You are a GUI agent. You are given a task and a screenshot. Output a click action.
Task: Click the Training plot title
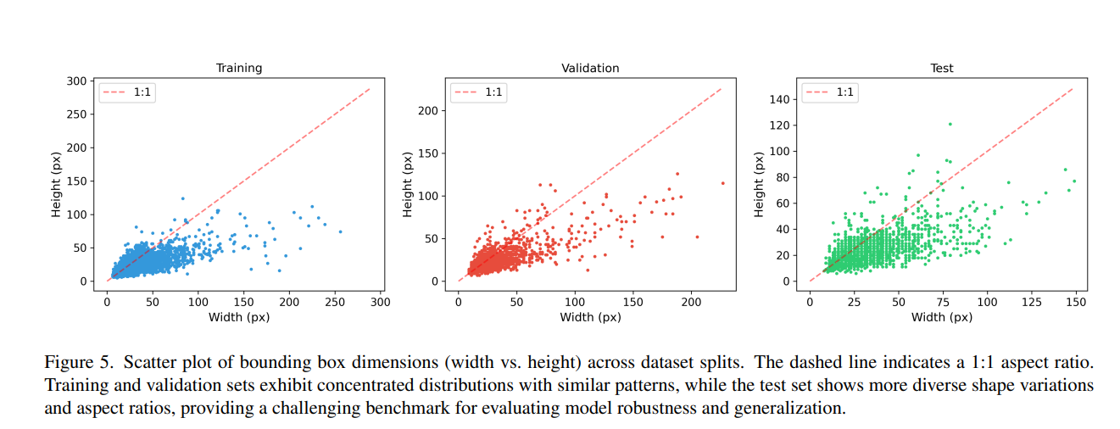[x=239, y=68]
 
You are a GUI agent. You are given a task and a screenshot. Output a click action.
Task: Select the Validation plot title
[x=590, y=68]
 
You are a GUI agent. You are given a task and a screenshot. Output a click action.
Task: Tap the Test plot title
[x=942, y=68]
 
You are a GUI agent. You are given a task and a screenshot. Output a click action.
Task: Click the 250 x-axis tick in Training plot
[x=335, y=301]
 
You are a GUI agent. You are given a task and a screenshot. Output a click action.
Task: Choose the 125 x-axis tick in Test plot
[x=1032, y=301]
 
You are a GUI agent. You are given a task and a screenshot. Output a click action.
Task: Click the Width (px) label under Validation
[x=590, y=317]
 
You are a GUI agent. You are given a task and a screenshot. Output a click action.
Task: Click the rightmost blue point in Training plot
[x=340, y=231]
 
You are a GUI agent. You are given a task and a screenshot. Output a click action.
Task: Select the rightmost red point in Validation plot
[x=723, y=183]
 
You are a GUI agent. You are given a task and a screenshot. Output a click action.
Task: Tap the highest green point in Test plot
[x=950, y=124]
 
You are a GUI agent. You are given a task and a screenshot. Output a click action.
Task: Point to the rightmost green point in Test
[x=1074, y=181]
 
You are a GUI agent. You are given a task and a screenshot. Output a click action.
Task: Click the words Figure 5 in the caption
[x=78, y=363]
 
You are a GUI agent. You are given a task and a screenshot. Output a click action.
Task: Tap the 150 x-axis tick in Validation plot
[x=633, y=301]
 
